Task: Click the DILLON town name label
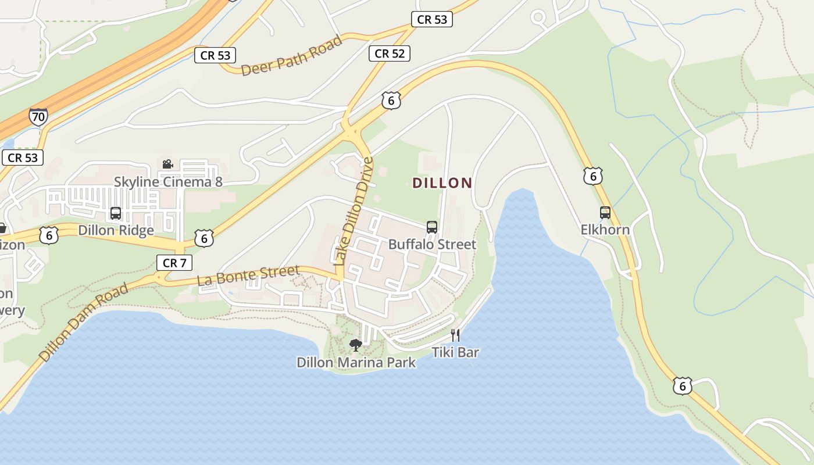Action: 442,183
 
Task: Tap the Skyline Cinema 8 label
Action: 168,182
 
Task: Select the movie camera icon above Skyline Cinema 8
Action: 167,164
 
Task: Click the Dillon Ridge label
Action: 116,230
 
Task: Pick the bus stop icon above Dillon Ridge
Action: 116,213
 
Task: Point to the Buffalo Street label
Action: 432,244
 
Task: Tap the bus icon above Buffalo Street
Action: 431,227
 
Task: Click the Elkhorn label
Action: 605,230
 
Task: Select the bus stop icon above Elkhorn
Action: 605,213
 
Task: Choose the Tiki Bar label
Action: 455,352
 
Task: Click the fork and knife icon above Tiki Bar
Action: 455,335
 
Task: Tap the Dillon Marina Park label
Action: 356,363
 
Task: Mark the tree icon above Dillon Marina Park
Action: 355,346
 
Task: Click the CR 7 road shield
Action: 174,263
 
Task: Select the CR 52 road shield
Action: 389,53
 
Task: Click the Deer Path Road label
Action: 291,56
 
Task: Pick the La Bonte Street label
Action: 248,276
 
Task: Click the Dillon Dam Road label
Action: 84,322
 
